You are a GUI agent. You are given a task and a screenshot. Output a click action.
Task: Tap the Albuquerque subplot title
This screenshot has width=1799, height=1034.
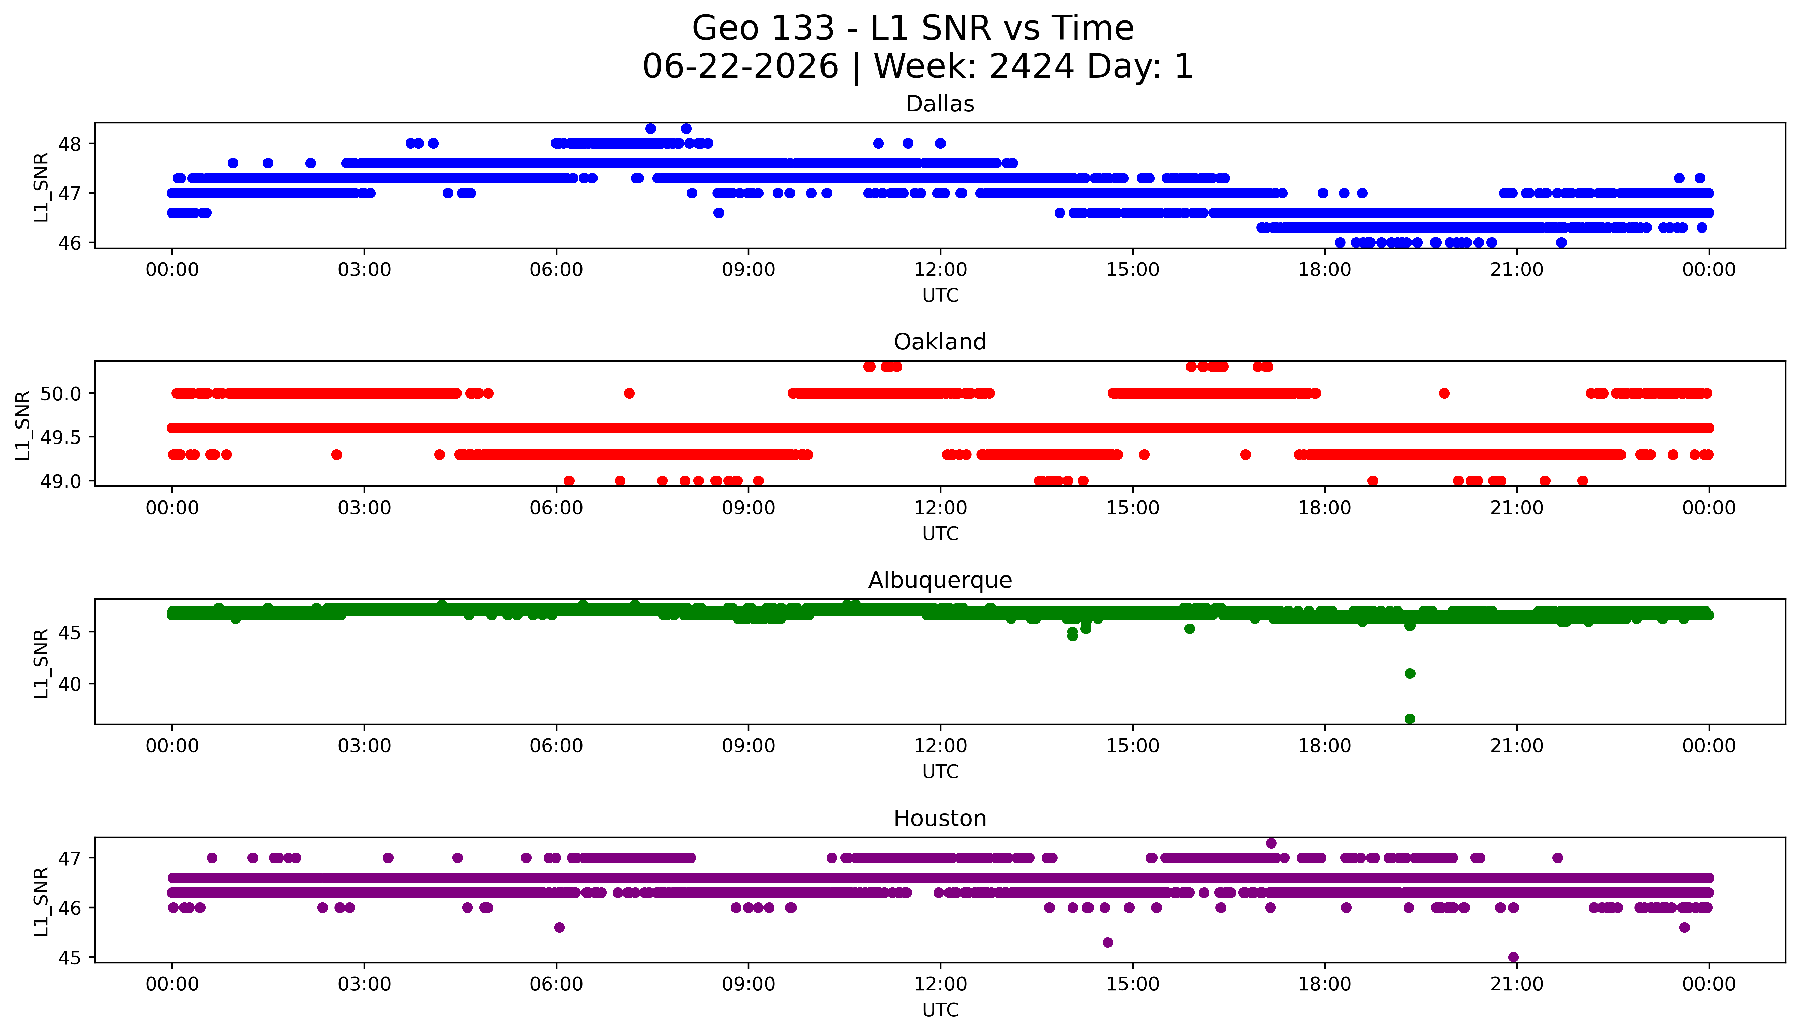(x=940, y=580)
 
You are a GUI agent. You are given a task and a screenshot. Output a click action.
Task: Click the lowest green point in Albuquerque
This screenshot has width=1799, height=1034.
(x=1410, y=719)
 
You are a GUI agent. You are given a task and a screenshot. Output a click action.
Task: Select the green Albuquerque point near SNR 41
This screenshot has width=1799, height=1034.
(x=1410, y=673)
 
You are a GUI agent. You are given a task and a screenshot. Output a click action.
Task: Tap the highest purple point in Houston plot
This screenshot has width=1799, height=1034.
(x=1271, y=843)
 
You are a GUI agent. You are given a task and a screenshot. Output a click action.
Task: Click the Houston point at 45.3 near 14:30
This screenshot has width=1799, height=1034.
(x=1107, y=942)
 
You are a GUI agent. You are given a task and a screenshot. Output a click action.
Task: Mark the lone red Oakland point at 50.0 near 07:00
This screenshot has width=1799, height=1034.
(x=629, y=393)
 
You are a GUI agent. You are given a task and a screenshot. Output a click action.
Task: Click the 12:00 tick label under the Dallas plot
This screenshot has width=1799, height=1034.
(x=941, y=270)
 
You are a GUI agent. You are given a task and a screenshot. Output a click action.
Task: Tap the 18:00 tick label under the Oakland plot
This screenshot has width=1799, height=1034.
(x=1325, y=508)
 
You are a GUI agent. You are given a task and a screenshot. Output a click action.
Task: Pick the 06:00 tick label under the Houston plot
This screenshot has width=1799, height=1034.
(x=557, y=984)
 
